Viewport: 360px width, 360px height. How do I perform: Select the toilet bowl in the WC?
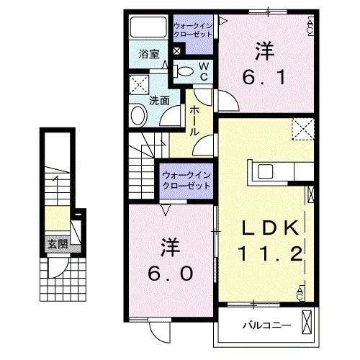pyautogui.click(x=184, y=71)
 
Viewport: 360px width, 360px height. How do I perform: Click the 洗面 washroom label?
pyautogui.click(x=159, y=101)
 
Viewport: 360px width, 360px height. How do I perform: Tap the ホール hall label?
pyautogui.click(x=194, y=120)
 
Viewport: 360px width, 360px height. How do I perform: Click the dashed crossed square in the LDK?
pyautogui.click(x=302, y=130)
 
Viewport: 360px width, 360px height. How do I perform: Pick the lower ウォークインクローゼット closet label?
pyautogui.click(x=186, y=180)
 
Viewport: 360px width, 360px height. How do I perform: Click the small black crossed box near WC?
pyautogui.click(x=177, y=53)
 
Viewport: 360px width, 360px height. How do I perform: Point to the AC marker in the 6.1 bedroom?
pyautogui.click(x=310, y=27)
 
